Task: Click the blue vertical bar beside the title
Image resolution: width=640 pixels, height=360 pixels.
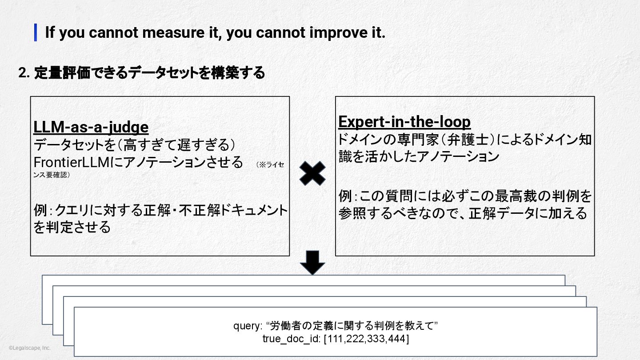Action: tap(36, 32)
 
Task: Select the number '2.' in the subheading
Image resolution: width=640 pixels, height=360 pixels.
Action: tap(24, 73)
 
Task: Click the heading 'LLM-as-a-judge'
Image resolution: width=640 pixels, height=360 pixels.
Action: tap(91, 128)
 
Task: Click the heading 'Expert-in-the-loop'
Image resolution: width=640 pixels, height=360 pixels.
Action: tap(404, 122)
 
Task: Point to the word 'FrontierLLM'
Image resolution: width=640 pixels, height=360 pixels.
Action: tap(71, 162)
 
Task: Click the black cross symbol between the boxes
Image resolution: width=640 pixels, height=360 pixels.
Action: tap(312, 173)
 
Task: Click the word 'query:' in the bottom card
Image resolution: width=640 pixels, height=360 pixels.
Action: tap(248, 326)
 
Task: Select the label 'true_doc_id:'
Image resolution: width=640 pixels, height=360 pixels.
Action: tap(292, 339)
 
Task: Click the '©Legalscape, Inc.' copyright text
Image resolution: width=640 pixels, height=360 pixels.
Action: tap(29, 348)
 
